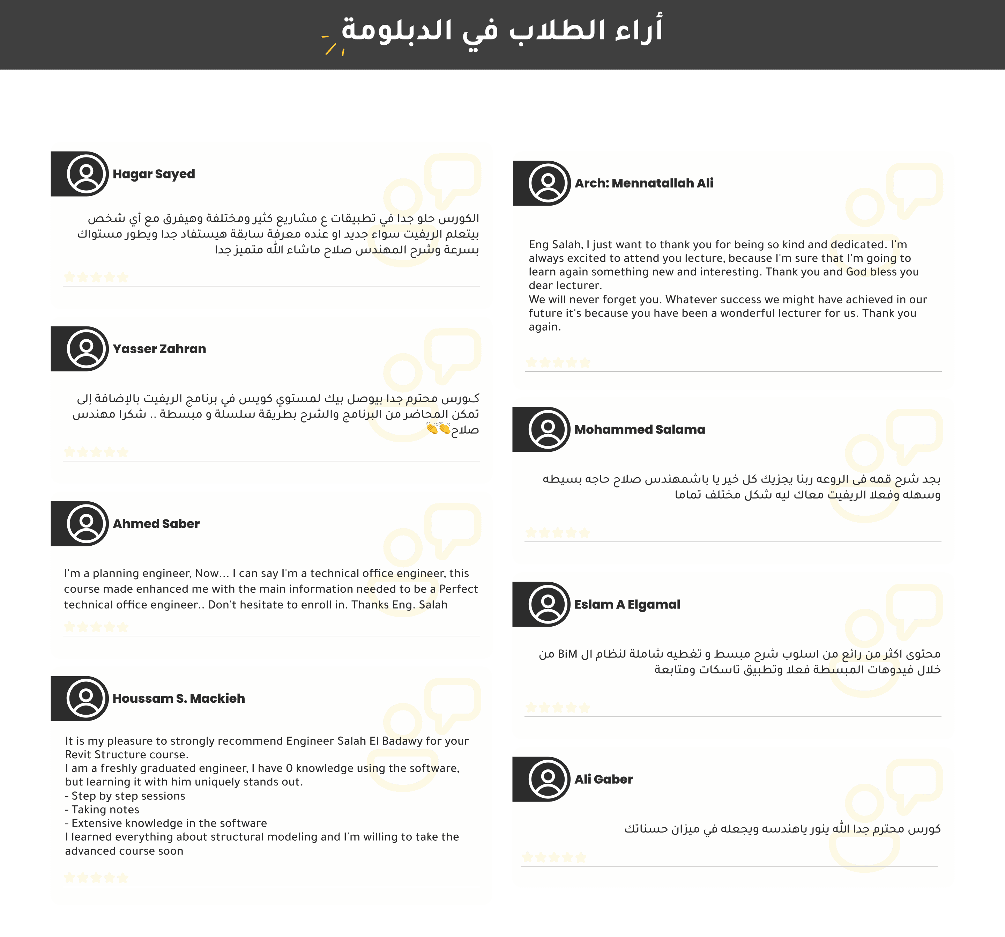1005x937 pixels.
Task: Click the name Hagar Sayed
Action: (x=154, y=174)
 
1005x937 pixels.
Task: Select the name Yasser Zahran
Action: (x=159, y=349)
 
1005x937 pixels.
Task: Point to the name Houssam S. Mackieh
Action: (x=178, y=698)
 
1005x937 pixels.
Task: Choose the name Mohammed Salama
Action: (x=640, y=429)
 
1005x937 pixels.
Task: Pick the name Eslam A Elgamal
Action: (x=627, y=604)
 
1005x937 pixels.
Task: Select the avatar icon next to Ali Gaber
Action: (x=548, y=779)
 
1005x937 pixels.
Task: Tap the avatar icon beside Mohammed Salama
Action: (x=548, y=429)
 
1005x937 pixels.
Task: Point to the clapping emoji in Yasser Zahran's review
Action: (x=438, y=429)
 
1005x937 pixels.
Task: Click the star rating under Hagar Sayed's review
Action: (x=96, y=277)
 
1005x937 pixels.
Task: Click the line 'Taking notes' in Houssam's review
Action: (x=105, y=810)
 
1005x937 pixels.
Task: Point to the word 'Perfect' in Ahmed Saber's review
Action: (x=458, y=589)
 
